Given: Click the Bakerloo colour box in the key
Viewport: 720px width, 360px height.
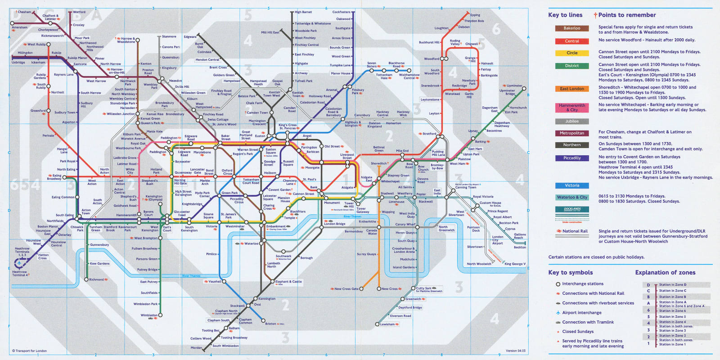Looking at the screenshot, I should [x=572, y=28].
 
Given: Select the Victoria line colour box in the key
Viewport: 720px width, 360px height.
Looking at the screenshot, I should [x=572, y=185].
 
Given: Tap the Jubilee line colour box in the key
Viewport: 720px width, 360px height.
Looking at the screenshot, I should [x=572, y=121].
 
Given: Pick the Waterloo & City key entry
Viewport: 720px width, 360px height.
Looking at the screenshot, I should [x=572, y=197].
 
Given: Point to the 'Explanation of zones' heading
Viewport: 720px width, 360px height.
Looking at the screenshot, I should [x=665, y=272].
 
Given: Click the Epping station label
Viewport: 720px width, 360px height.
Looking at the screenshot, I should [x=475, y=15].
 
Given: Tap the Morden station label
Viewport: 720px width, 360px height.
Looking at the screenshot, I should [x=196, y=347].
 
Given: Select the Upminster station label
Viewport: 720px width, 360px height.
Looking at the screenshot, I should [x=514, y=85].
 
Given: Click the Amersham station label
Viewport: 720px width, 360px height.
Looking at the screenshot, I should [x=19, y=27].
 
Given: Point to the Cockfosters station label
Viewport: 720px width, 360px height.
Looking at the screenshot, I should [x=341, y=12].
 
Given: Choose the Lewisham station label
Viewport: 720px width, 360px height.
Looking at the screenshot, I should [x=387, y=324].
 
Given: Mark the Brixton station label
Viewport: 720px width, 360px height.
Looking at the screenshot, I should [x=271, y=324].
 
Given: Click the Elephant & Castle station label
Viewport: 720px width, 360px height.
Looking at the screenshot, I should [x=288, y=282].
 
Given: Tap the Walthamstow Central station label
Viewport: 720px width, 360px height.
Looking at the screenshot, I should [x=409, y=76].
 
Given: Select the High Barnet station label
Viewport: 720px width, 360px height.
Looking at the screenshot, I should [x=303, y=12].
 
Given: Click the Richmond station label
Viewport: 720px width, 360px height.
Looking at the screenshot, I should [x=96, y=279].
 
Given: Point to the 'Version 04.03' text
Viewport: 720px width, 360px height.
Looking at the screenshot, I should [x=515, y=351].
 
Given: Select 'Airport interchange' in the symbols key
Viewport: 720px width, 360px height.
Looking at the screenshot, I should [x=581, y=312].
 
